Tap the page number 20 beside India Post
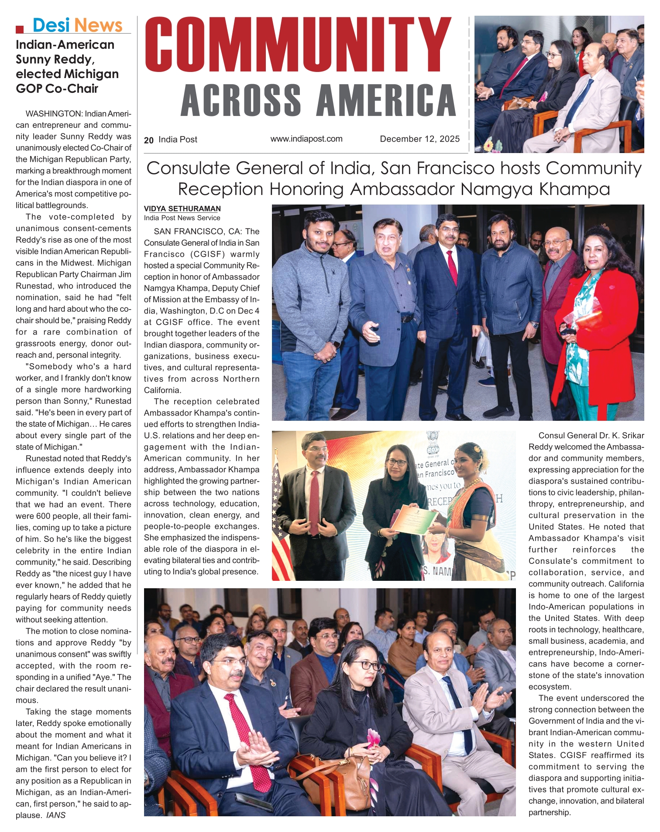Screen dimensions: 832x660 [148, 140]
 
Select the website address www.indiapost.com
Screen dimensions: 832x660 [306, 139]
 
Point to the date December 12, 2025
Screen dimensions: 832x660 [419, 139]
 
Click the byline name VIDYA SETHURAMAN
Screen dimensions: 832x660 [182, 209]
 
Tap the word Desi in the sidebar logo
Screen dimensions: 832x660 [51, 25]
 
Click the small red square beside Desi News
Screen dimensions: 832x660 [19, 30]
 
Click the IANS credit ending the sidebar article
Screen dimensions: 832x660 [55, 815]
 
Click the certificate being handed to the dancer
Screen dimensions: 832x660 [414, 519]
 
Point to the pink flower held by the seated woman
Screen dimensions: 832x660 [373, 737]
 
